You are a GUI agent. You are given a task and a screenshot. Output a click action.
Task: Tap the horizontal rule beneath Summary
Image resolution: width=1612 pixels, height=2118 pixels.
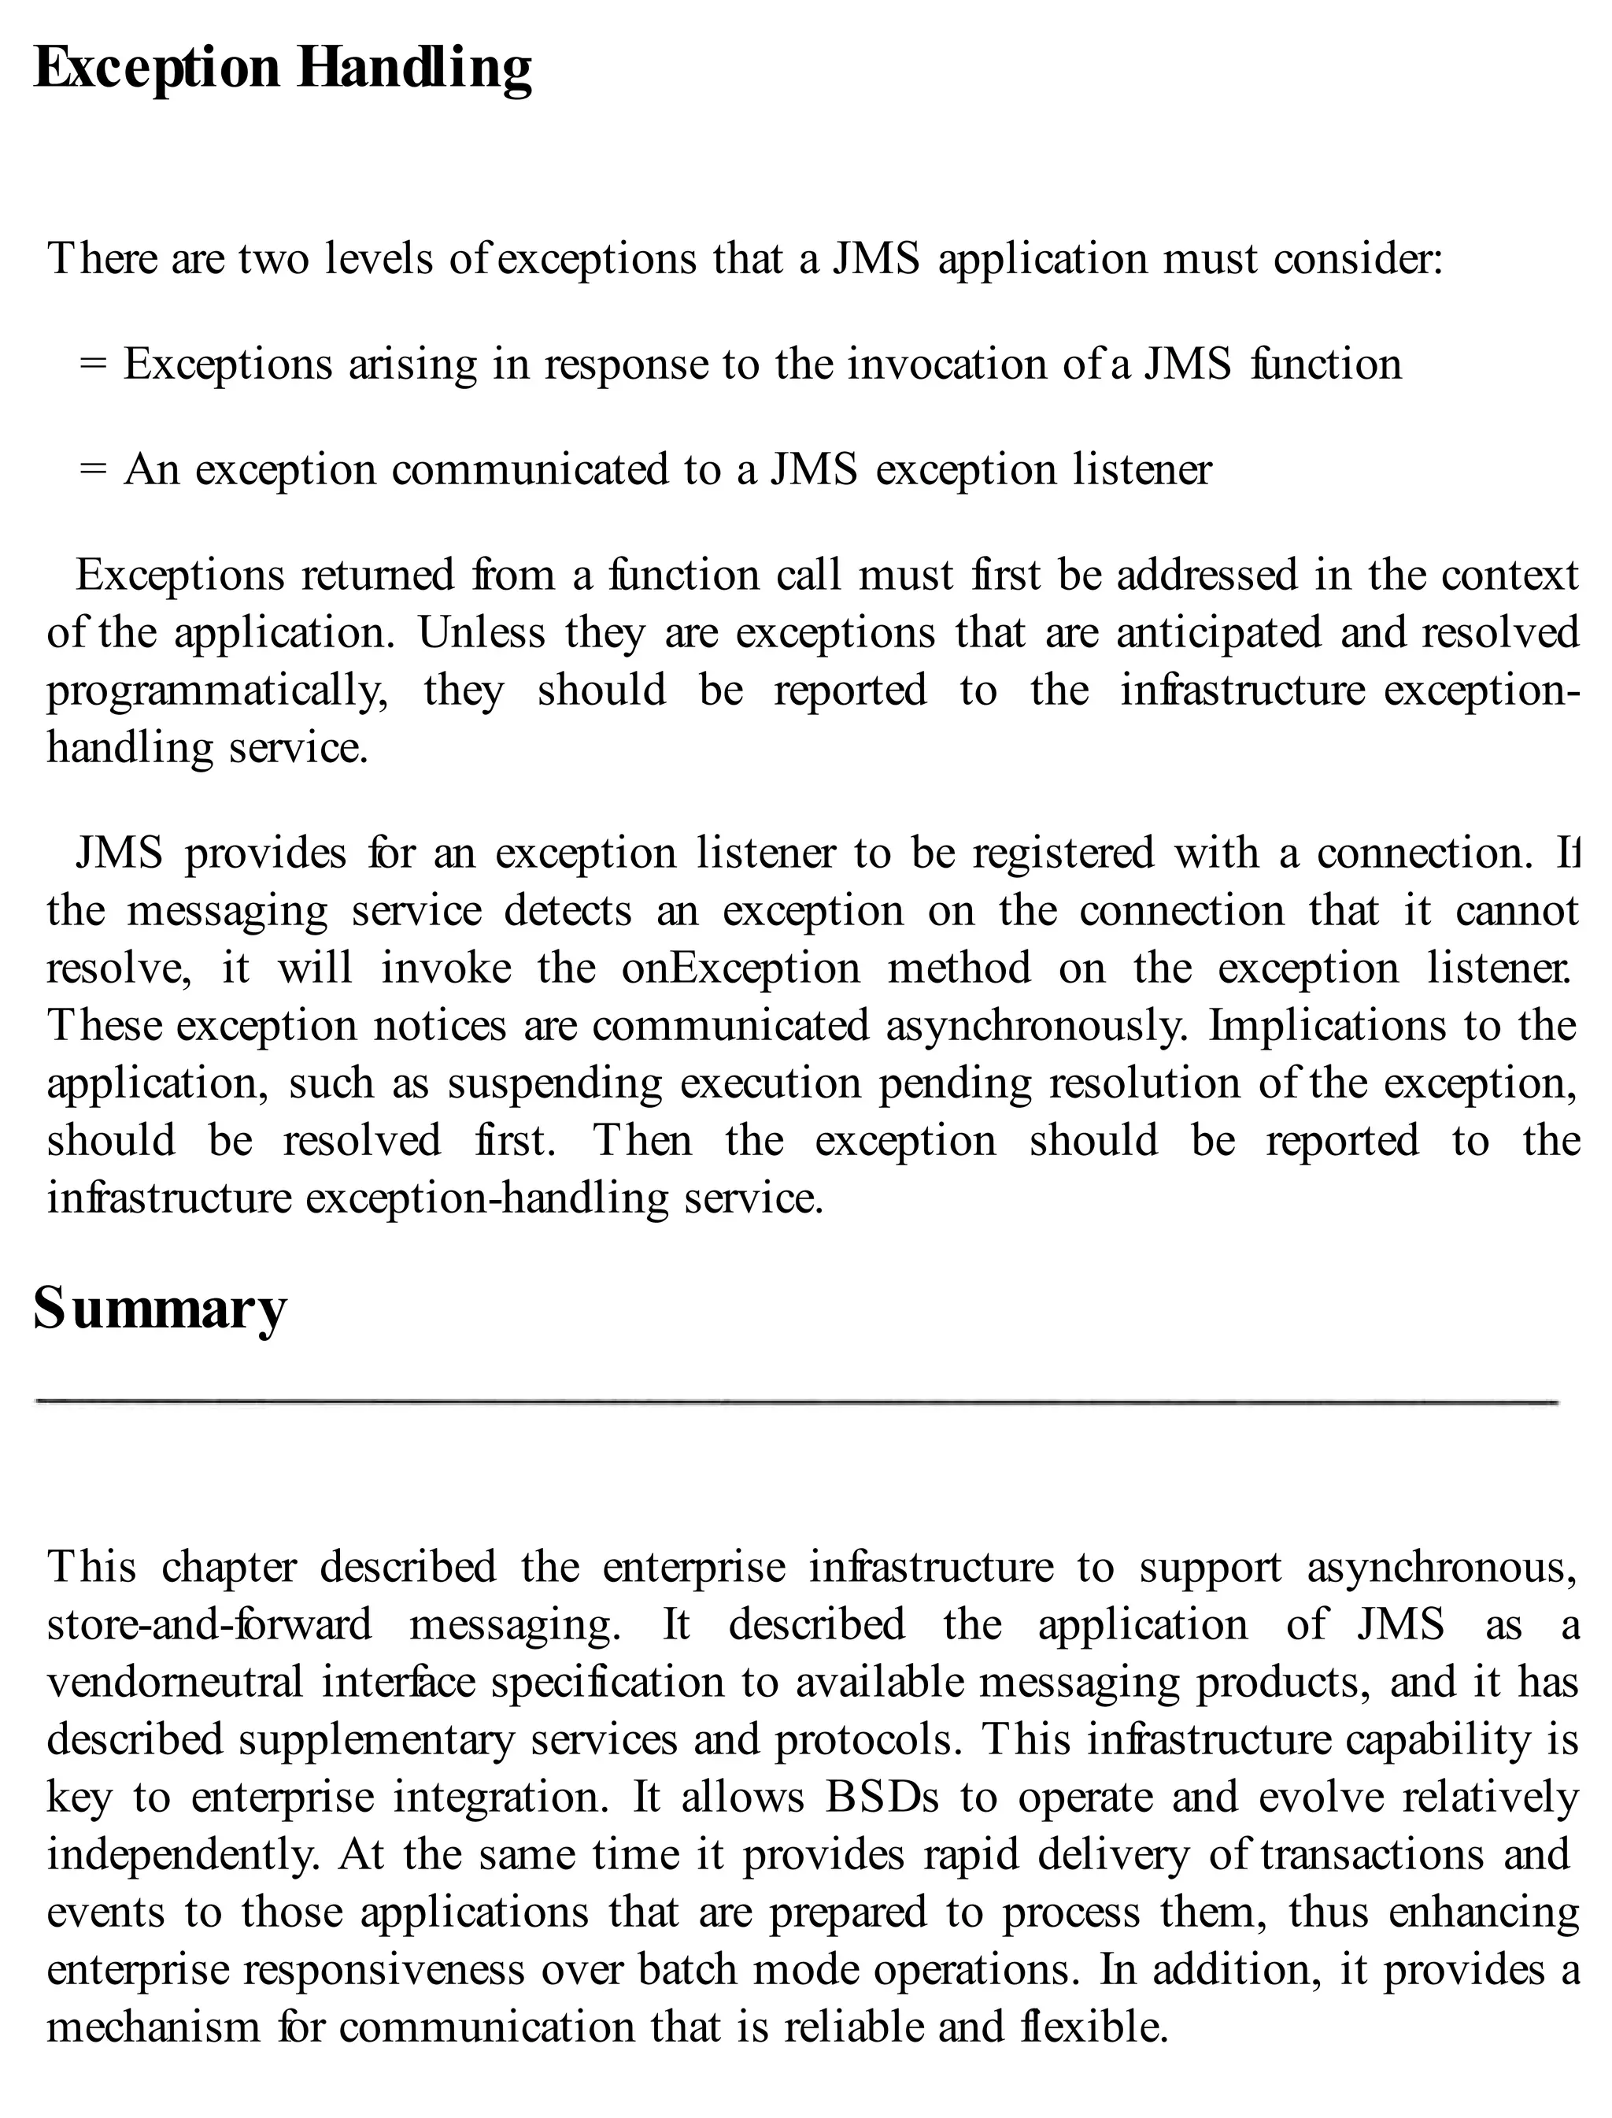797,1402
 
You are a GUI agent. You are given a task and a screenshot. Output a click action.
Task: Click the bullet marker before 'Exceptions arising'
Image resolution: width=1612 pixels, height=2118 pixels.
93,365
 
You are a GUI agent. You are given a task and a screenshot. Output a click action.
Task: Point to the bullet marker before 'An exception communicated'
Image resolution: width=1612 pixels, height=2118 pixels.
93,470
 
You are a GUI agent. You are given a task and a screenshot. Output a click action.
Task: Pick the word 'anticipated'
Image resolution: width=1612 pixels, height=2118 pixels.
1218,633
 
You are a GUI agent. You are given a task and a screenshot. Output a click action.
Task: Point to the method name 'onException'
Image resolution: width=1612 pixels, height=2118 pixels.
741,968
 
